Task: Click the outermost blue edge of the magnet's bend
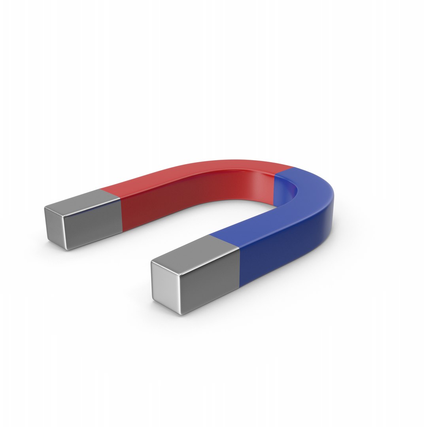click(333, 198)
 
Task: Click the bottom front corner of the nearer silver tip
click(181, 314)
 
